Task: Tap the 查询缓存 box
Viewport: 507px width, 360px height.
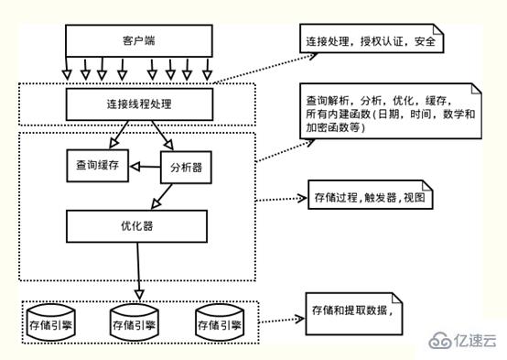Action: click(x=96, y=166)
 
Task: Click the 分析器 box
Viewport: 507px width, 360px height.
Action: click(x=186, y=169)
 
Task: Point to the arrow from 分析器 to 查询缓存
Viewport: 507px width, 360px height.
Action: click(x=145, y=167)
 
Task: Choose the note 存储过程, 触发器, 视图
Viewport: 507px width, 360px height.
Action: click(x=368, y=197)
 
